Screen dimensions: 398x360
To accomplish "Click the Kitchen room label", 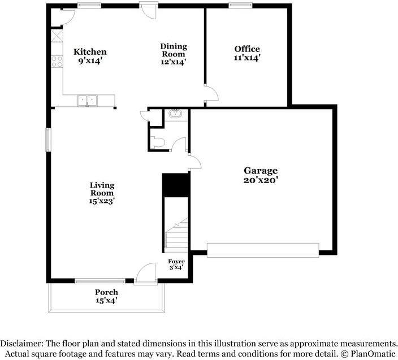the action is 90,52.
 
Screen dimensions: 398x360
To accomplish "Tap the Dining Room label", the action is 174,50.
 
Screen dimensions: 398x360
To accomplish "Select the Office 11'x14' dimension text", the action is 247,58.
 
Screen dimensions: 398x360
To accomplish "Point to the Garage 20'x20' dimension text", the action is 261,180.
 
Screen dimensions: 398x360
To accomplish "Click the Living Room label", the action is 102,189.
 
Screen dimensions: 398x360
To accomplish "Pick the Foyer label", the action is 176,261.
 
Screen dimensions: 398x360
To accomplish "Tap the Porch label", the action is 106,292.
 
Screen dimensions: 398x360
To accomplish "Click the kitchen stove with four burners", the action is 57,62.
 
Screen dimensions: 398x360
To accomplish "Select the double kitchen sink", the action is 87,101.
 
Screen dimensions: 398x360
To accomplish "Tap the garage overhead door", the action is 263,250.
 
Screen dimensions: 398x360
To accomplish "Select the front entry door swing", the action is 145,272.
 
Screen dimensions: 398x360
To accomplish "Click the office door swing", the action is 211,93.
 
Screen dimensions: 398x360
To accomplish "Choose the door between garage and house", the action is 195,162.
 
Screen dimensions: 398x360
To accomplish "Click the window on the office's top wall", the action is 240,5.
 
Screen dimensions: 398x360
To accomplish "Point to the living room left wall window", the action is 48,140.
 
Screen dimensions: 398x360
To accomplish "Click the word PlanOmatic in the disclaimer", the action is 373,353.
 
